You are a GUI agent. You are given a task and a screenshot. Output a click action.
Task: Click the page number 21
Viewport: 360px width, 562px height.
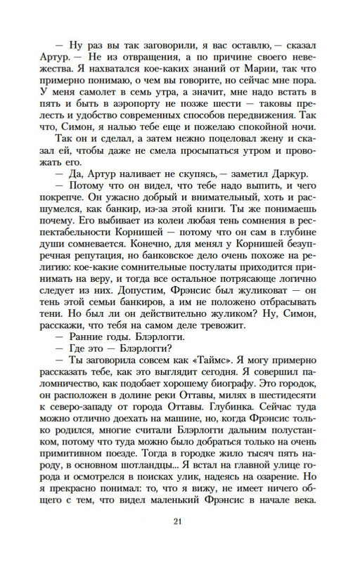pos(180,540)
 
